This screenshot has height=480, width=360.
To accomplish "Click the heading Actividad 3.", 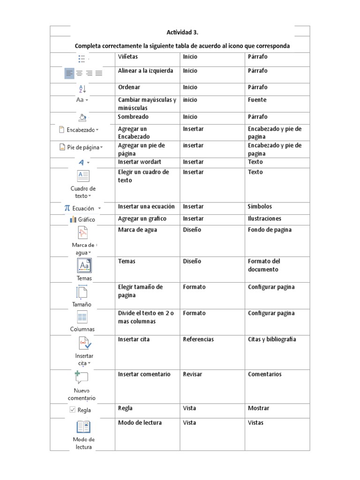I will [182, 32].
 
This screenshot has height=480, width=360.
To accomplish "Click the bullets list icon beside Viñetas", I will [82, 59].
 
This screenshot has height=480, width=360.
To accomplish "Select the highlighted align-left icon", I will [69, 73].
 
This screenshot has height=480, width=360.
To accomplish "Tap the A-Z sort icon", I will [82, 89].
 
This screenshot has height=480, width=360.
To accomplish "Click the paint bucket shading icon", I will [82, 117].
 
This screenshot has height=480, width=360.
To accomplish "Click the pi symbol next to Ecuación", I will [67, 208].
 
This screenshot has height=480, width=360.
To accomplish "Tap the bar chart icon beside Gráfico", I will [73, 219].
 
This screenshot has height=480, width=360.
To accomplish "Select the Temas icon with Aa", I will [84, 265].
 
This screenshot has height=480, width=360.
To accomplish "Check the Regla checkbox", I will [72, 410].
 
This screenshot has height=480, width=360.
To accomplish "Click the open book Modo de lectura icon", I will [83, 427].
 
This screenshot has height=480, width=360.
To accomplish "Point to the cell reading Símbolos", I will [260, 206].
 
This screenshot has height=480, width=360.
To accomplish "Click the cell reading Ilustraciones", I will [264, 218].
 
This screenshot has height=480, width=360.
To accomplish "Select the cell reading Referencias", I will [198, 339].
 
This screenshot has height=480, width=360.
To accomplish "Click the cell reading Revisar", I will [193, 374].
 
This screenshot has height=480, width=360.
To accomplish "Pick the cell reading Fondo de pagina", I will [270, 230].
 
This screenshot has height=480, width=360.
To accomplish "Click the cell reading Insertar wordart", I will [140, 162].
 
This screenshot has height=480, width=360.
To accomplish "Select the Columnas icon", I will [82, 317].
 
